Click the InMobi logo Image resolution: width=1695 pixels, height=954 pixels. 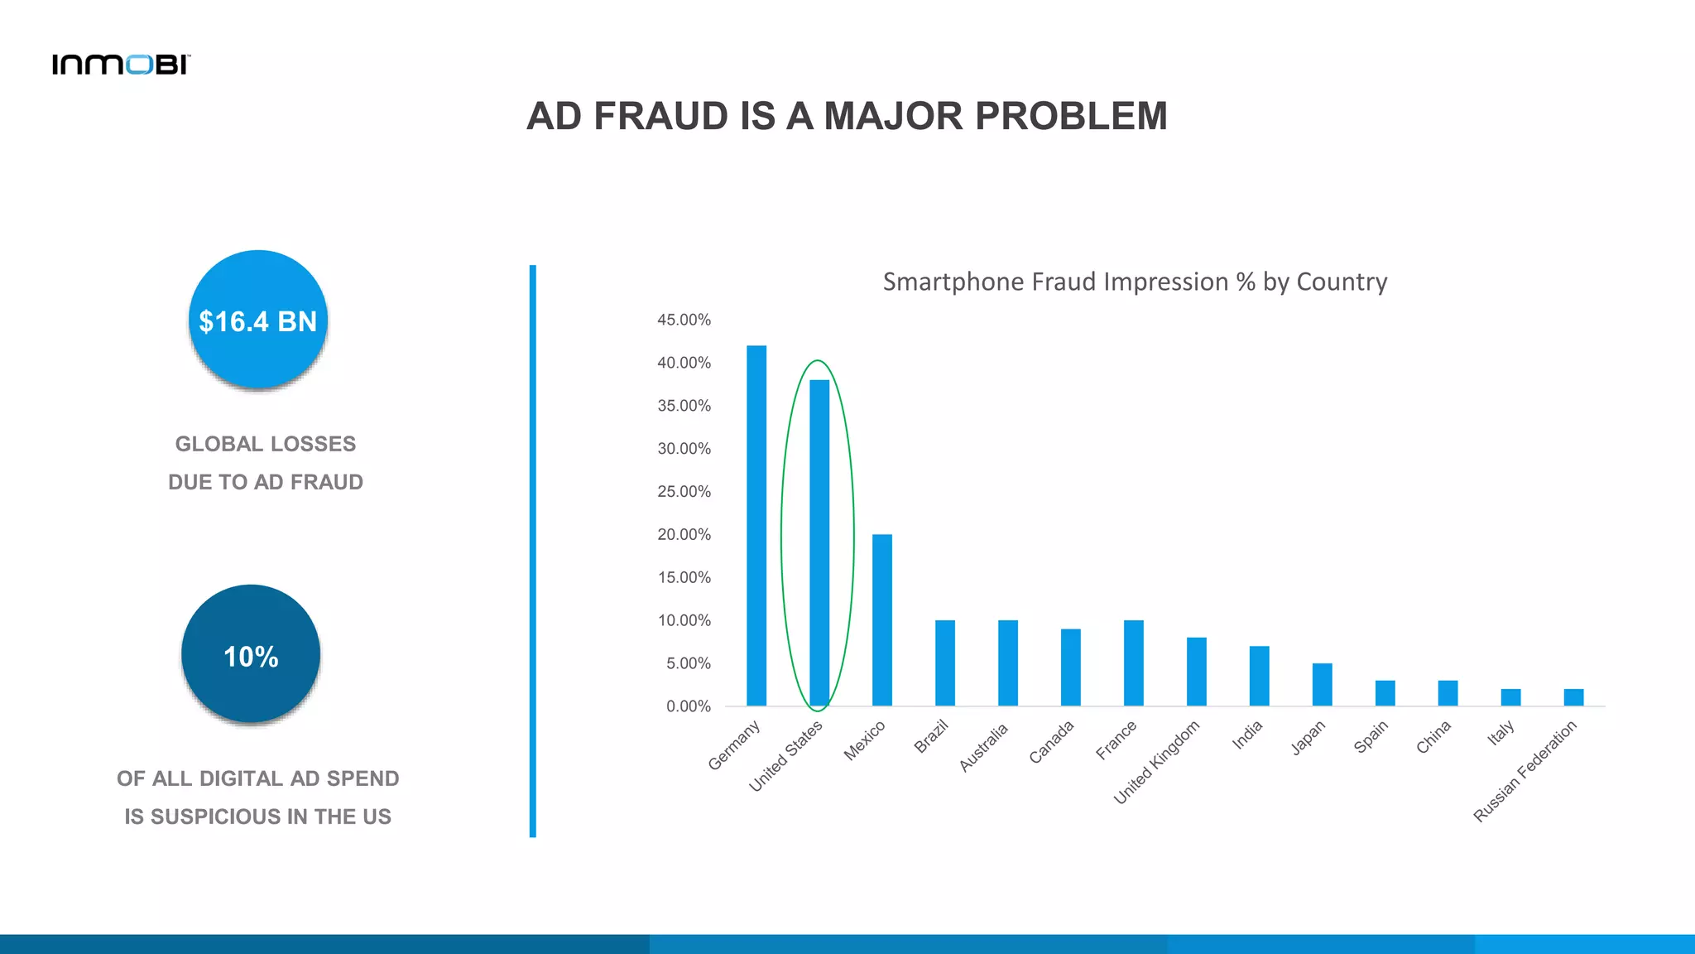tap(121, 65)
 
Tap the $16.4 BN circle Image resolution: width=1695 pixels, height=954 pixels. tap(258, 320)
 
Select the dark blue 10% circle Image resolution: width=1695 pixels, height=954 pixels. tap(251, 654)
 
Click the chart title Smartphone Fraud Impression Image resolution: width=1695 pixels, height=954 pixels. tap(1135, 282)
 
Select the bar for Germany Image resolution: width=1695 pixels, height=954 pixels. tap(756, 526)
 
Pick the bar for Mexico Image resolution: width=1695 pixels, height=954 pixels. tap(882, 620)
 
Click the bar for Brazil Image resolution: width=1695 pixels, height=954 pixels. tap(945, 662)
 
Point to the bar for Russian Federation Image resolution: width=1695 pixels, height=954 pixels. tap(1573, 697)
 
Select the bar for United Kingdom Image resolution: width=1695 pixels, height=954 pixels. tap(1197, 672)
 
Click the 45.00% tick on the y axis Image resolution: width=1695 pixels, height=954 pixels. tap(684, 320)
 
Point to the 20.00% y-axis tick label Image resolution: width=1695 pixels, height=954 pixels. tap(684, 534)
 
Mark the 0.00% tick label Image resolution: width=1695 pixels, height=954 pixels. tap(688, 706)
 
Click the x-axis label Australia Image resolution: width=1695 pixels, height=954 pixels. tap(984, 746)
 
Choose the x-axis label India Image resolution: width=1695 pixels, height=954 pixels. tap(1247, 735)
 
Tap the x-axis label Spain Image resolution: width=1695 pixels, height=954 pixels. tap(1371, 736)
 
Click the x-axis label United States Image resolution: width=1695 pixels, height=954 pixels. tap(786, 755)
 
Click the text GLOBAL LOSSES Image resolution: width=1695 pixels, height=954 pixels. tap(266, 444)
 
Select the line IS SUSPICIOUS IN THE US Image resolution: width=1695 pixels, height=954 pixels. tap(258, 817)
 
